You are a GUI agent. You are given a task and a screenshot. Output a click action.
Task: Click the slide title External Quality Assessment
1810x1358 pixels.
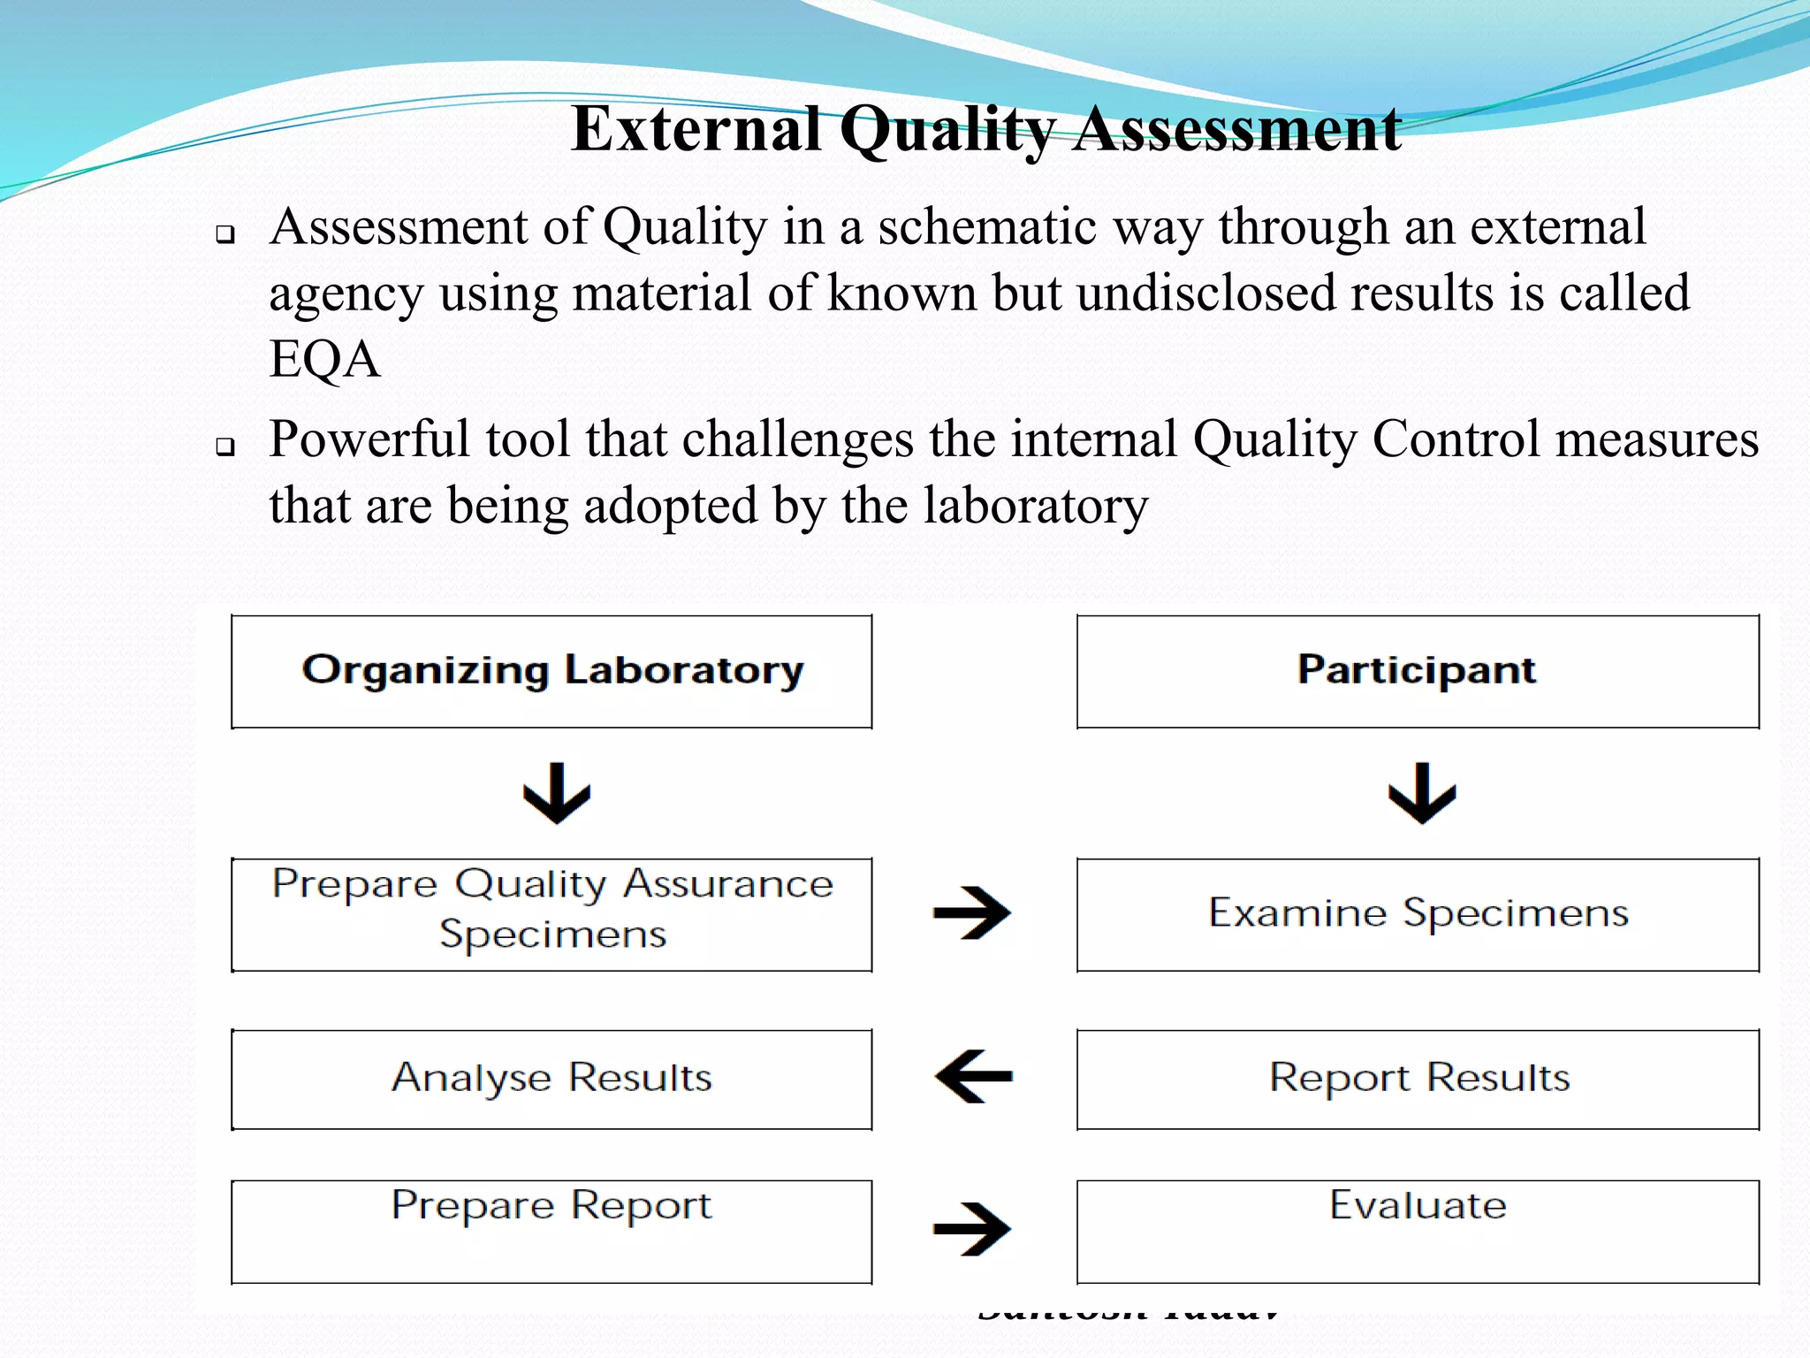click(985, 130)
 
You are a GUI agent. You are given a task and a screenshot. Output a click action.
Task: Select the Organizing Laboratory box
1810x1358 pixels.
click(551, 671)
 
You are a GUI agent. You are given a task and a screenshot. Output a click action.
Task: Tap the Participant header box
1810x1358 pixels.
click(1417, 671)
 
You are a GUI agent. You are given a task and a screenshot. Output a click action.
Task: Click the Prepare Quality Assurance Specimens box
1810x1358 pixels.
click(551, 913)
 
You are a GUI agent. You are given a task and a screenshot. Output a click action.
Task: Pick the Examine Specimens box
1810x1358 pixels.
click(1417, 913)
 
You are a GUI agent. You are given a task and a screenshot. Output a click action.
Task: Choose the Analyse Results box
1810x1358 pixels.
click(551, 1078)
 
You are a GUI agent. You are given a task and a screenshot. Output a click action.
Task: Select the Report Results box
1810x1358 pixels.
click(1417, 1078)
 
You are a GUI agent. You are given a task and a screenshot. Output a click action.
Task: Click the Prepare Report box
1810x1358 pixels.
click(551, 1230)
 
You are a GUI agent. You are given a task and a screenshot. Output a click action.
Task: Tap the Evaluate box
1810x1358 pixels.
click(1417, 1230)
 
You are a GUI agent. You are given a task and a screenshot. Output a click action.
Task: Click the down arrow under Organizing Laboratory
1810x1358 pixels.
click(557, 793)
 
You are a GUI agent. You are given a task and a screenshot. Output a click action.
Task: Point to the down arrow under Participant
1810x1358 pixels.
click(1422, 793)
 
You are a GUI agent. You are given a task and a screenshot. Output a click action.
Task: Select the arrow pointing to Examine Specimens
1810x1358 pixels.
click(972, 912)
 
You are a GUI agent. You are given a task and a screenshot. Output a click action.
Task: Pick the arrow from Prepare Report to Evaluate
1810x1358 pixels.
click(972, 1228)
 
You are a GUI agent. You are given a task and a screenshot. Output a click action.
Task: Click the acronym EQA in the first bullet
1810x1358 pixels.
click(324, 360)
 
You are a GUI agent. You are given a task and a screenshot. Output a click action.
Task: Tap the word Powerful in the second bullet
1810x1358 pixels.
click(369, 439)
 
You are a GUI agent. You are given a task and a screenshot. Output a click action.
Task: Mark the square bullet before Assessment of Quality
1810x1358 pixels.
click(225, 234)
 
